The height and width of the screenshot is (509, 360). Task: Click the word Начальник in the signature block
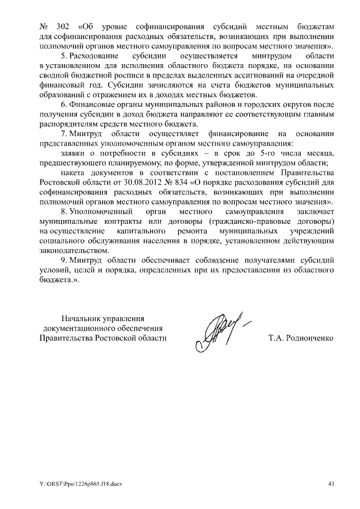click(82, 318)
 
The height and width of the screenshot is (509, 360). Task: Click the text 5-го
click(258, 153)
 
